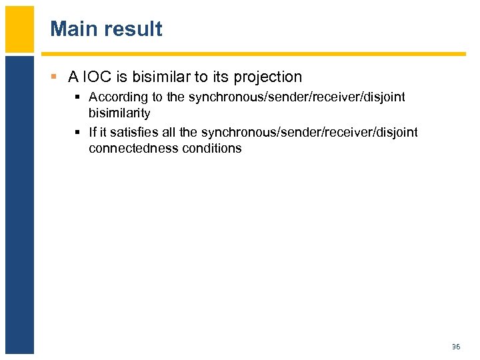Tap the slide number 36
click(x=456, y=347)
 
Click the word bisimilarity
click(x=119, y=113)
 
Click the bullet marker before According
click(x=79, y=97)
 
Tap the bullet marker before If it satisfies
click(x=79, y=132)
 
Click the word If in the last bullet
click(x=93, y=132)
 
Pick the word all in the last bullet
click(x=169, y=132)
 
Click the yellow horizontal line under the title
click(x=253, y=54)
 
